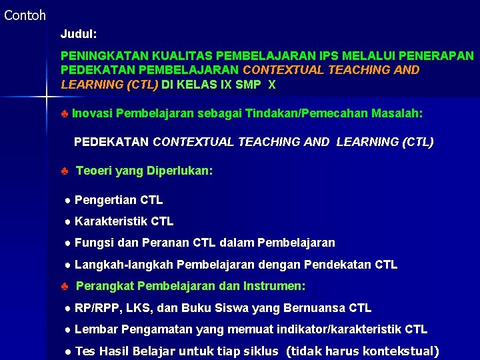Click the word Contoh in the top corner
pyautogui.click(x=25, y=15)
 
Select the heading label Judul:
pyautogui.click(x=79, y=33)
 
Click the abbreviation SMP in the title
pyautogui.click(x=248, y=85)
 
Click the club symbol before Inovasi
pyautogui.click(x=64, y=113)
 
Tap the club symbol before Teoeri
pyautogui.click(x=64, y=171)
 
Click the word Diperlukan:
pyautogui.click(x=179, y=171)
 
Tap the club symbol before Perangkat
pyautogui.click(x=64, y=287)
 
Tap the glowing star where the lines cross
pyautogui.click(x=45, y=97)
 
